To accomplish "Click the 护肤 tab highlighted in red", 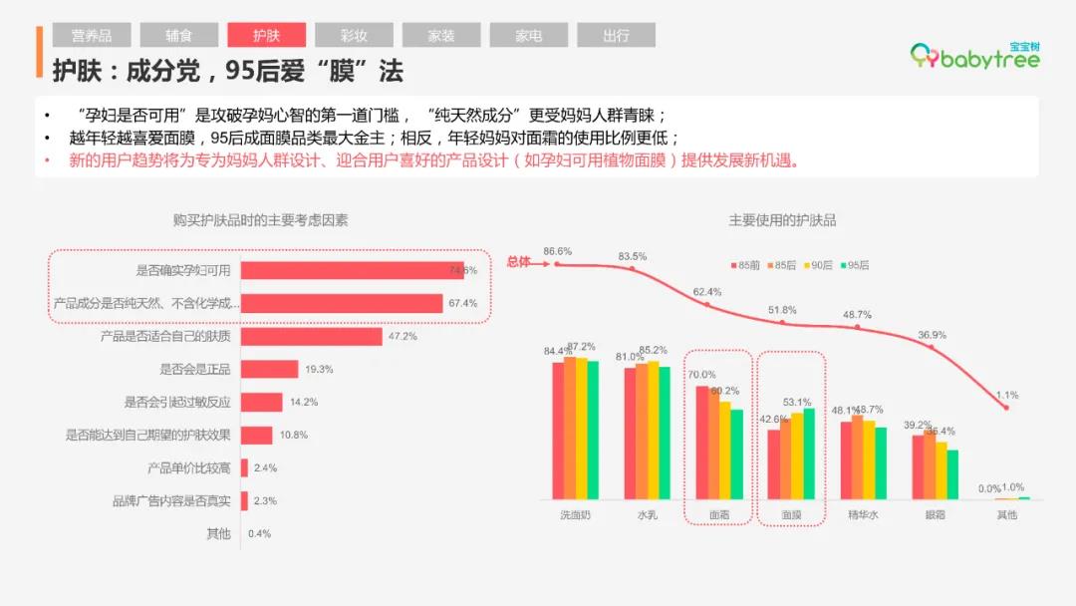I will tap(266, 36).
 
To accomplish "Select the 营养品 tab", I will tap(92, 36).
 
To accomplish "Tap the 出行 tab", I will tap(616, 36).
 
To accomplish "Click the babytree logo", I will tap(976, 56).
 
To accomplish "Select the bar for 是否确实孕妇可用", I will tap(352, 270).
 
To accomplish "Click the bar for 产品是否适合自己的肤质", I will tap(311, 337).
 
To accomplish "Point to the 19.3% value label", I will tap(319, 370).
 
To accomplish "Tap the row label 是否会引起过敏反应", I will tap(177, 403).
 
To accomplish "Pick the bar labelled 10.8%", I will tap(256, 436).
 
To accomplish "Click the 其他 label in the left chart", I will tap(218, 533).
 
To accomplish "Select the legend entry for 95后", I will tap(854, 265).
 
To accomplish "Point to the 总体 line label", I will tap(518, 262).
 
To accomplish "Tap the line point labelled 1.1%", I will tap(1007, 407).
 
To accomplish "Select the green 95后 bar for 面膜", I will tap(808, 454).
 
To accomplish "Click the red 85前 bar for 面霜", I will tap(701, 442).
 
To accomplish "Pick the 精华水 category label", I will tap(863, 515).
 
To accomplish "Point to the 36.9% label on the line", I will tap(932, 334).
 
